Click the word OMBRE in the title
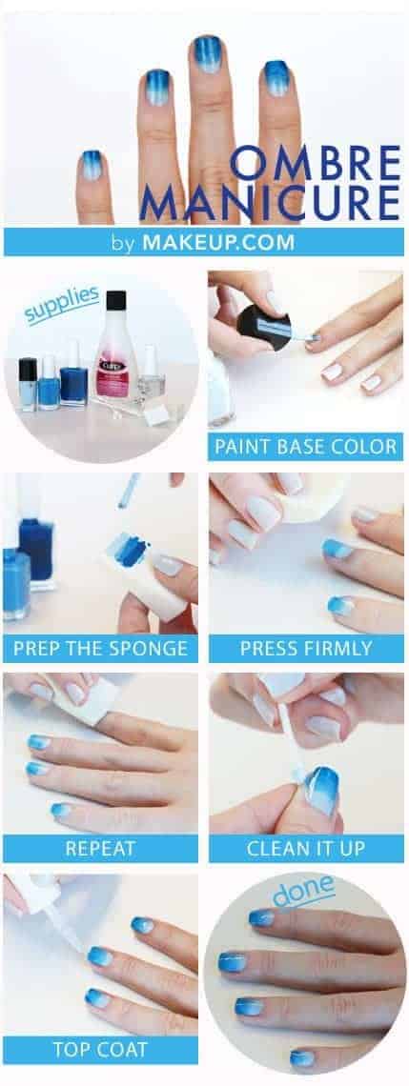(x=317, y=164)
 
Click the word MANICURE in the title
(x=271, y=204)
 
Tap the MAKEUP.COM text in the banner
(x=218, y=242)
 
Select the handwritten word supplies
(x=60, y=304)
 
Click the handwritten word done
(x=303, y=891)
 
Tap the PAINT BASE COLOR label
(x=305, y=446)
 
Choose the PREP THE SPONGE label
(x=100, y=649)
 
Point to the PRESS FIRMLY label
(x=306, y=649)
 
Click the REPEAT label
(x=100, y=849)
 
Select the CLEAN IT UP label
(x=306, y=849)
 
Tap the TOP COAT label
(x=100, y=1049)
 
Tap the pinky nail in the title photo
(x=91, y=166)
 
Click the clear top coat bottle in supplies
(x=152, y=378)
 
